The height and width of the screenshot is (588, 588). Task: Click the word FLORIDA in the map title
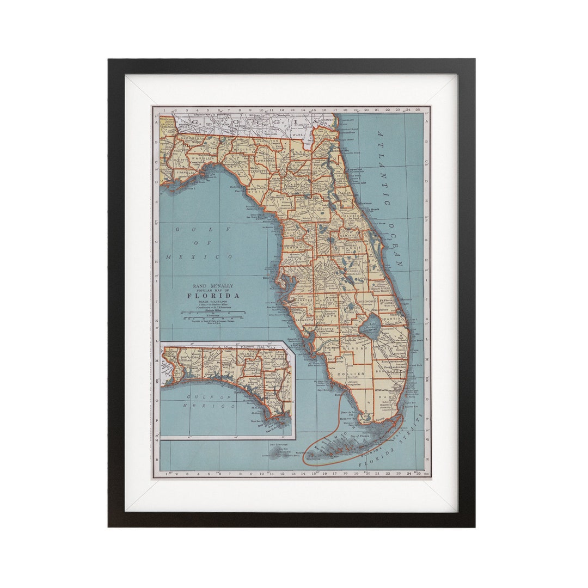click(x=213, y=296)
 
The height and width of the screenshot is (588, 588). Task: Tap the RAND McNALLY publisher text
click(x=213, y=285)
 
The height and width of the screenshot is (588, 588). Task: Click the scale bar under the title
click(x=213, y=313)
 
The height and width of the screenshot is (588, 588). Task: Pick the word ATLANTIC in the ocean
click(x=383, y=168)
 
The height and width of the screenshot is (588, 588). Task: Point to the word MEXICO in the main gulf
click(x=199, y=256)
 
